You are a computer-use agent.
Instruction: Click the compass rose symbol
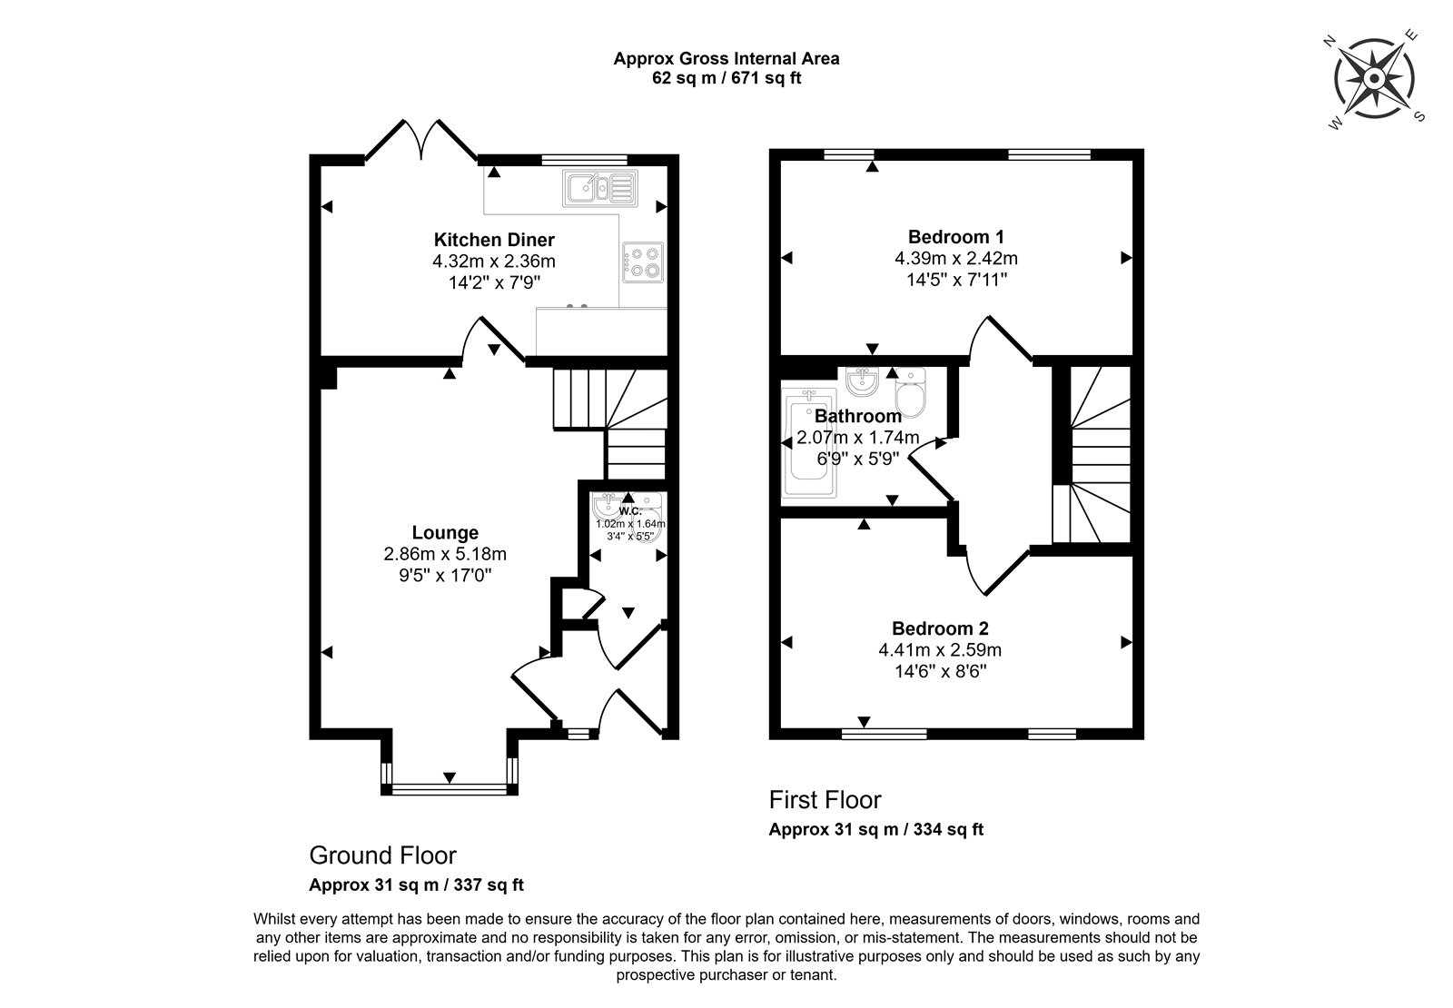pos(1374,78)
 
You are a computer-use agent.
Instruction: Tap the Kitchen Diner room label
pos(494,240)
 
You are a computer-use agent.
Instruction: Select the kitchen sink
pos(600,188)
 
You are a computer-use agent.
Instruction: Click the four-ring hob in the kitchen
pos(643,262)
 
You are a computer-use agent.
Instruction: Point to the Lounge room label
pos(445,532)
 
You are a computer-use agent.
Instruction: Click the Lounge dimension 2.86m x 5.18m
pos(445,554)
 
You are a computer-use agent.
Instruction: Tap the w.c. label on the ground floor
pos(630,511)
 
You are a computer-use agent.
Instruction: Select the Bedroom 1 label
pos(956,237)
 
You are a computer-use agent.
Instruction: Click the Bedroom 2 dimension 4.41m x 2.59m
pos(940,649)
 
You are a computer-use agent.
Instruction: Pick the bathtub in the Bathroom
pos(809,444)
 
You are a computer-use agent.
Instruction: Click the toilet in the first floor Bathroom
pos(910,392)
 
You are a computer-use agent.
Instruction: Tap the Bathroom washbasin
pos(862,381)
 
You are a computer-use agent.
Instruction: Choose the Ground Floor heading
pos(382,855)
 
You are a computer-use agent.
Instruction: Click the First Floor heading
pos(825,800)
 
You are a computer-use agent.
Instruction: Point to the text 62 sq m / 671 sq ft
pos(726,78)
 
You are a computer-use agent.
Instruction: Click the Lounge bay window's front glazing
pos(449,789)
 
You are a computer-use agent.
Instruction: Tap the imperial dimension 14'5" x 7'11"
pos(956,281)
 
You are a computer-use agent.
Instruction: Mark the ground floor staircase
pos(609,423)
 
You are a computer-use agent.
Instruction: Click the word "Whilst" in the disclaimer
pos(274,919)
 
